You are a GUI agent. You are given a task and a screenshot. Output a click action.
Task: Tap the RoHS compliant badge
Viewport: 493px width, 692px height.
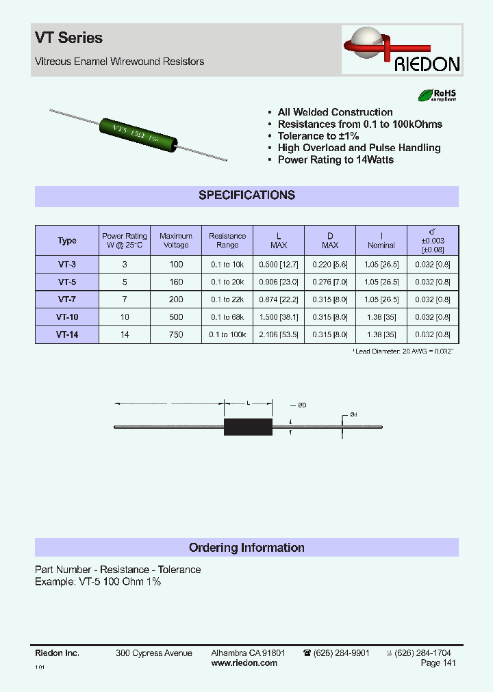(x=437, y=96)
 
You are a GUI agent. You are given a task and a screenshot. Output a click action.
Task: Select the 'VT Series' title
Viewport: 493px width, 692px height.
(x=68, y=38)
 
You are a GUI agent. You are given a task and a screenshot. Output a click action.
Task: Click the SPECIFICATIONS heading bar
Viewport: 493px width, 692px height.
(x=246, y=195)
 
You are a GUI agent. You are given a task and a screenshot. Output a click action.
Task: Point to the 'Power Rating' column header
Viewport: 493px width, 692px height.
(x=124, y=241)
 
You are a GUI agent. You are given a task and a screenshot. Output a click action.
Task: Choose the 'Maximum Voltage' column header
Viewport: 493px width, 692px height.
(x=176, y=241)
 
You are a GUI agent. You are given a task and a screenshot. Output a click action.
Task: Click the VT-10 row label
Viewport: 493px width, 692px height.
(x=67, y=317)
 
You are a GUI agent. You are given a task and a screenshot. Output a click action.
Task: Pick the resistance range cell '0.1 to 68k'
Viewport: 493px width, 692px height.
(x=227, y=317)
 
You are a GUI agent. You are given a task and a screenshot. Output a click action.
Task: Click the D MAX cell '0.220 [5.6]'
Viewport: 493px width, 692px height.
(x=330, y=264)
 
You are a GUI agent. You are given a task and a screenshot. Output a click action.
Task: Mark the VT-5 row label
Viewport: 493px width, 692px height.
(x=67, y=282)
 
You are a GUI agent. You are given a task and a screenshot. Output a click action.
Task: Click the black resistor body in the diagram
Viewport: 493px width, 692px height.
(x=248, y=427)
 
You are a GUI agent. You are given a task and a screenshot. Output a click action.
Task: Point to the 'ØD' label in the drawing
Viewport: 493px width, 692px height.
(x=302, y=405)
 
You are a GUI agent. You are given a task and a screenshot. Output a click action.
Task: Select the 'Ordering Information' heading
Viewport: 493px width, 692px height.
(x=246, y=548)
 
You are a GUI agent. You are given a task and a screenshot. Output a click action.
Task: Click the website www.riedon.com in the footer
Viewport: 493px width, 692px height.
(x=244, y=663)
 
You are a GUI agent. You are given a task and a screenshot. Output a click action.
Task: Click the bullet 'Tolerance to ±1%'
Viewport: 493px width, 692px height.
(x=318, y=136)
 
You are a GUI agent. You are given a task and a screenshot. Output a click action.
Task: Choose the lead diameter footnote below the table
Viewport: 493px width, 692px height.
(x=404, y=351)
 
